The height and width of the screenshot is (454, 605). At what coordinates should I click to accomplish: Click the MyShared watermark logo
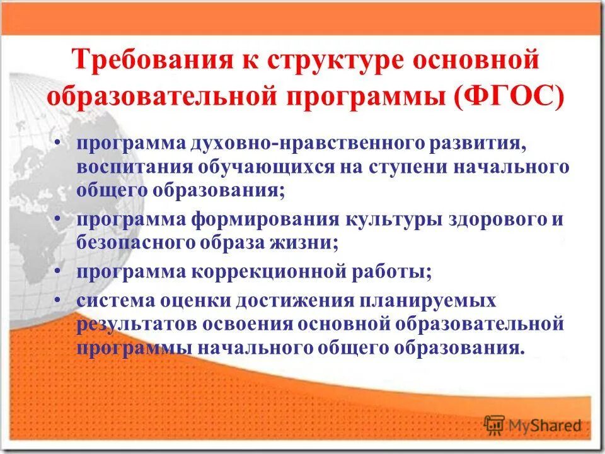pyautogui.click(x=533, y=423)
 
